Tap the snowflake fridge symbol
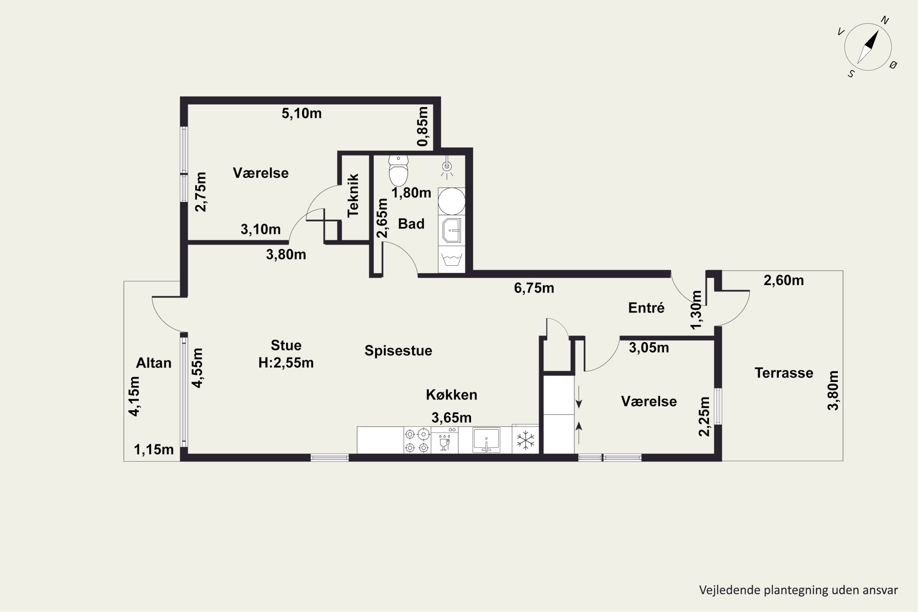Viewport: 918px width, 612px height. pyautogui.click(x=525, y=440)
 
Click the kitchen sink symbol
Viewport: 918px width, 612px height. pyautogui.click(x=486, y=440)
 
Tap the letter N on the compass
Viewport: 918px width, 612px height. pyautogui.click(x=885, y=20)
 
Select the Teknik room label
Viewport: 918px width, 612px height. pyautogui.click(x=353, y=196)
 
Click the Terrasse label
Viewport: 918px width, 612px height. pyautogui.click(x=784, y=373)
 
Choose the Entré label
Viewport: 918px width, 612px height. pyautogui.click(x=646, y=308)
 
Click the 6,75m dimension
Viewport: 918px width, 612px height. pyautogui.click(x=534, y=288)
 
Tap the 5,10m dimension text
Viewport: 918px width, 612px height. pyautogui.click(x=302, y=114)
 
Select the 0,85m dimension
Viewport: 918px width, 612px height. pyautogui.click(x=423, y=126)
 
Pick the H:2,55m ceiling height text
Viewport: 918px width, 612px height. pyautogui.click(x=286, y=363)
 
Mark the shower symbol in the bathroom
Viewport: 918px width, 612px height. pyautogui.click(x=447, y=167)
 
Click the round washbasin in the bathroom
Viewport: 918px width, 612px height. pyautogui.click(x=452, y=201)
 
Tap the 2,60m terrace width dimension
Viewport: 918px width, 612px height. pyautogui.click(x=784, y=280)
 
